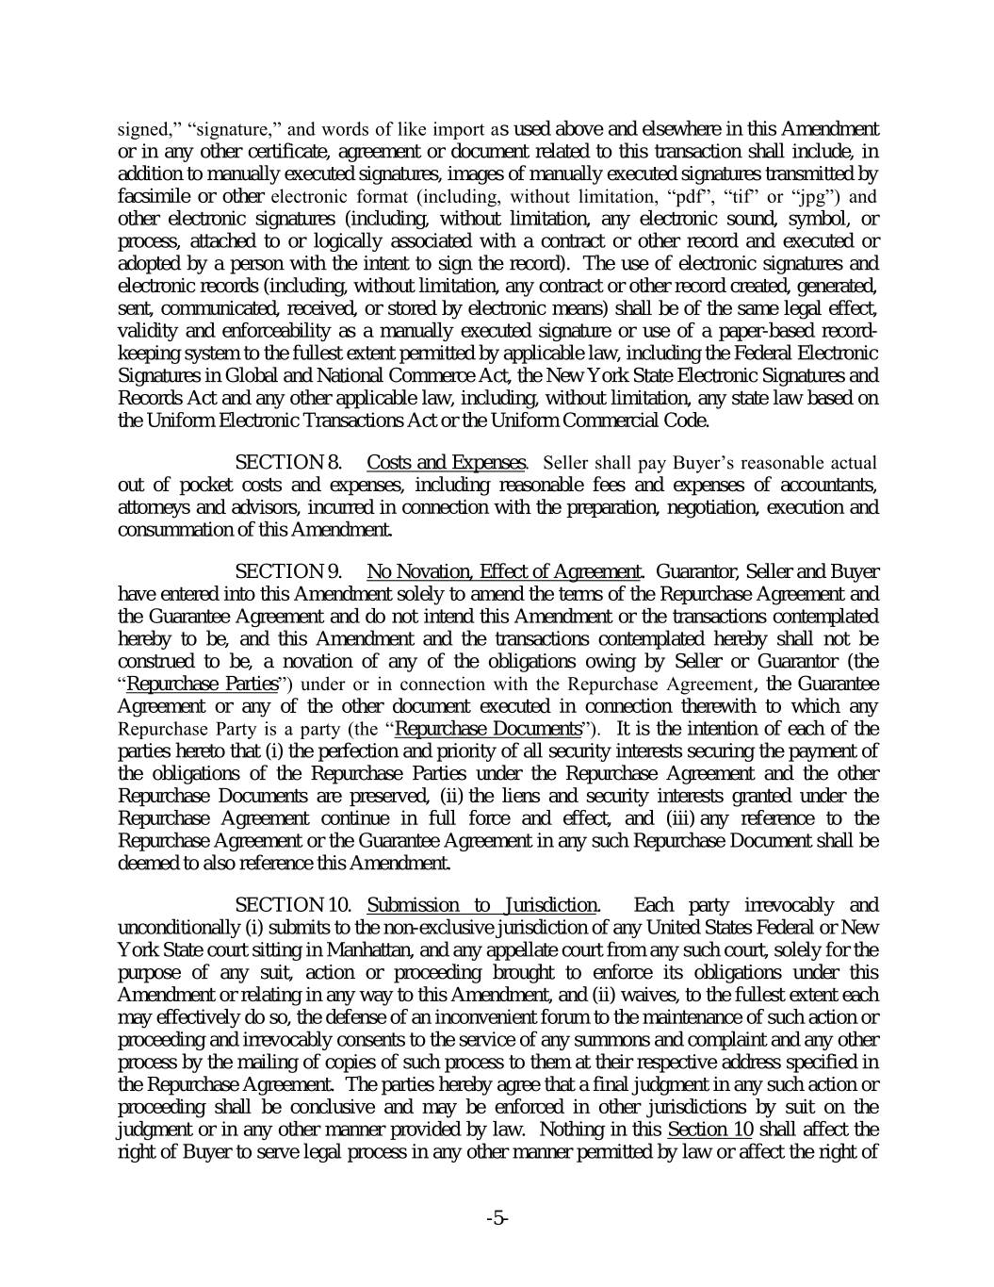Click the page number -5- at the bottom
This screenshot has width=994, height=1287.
[497, 1218]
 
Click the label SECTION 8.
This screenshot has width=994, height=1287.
[287, 463]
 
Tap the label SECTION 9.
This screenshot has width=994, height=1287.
[287, 571]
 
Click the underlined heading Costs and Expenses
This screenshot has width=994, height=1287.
[446, 463]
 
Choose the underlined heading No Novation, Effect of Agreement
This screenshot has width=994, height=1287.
[504, 571]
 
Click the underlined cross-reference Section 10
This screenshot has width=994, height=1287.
[709, 1130]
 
